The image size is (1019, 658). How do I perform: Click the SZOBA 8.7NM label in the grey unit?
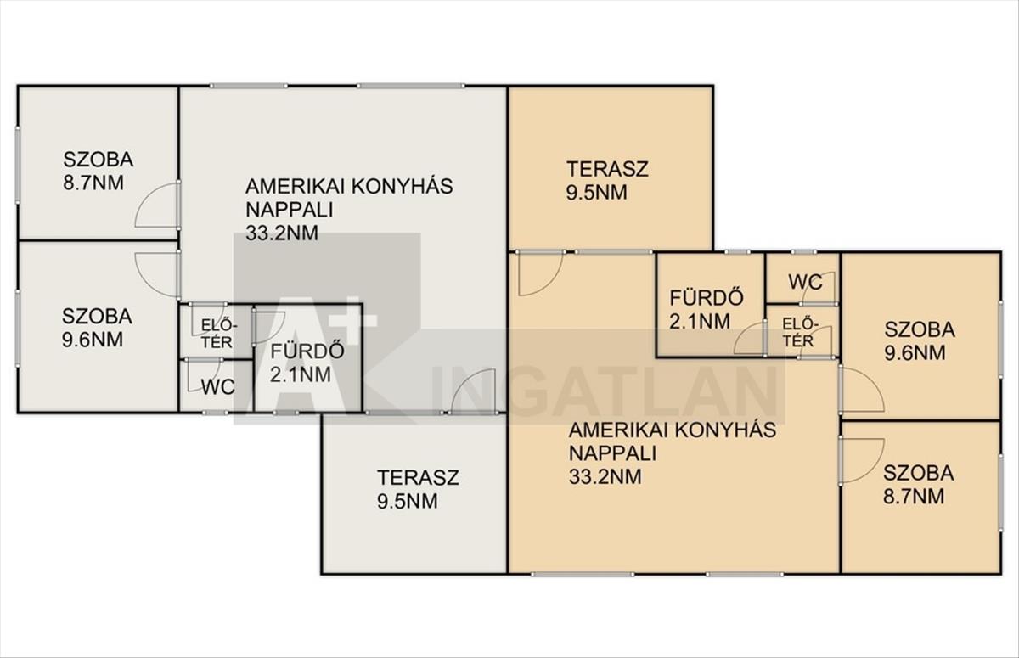tap(99, 172)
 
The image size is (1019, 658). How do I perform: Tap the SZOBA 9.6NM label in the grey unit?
tap(97, 328)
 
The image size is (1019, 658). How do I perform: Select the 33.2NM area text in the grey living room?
tap(282, 233)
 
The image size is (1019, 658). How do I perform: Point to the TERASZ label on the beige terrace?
tap(607, 169)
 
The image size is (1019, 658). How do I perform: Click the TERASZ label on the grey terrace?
tap(418, 477)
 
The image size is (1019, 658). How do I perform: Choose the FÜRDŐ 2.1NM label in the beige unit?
tap(707, 310)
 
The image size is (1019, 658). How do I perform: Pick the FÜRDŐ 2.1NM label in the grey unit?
tap(307, 363)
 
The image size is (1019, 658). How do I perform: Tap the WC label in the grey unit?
tap(218, 387)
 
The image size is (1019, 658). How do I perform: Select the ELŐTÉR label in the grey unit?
tap(219, 334)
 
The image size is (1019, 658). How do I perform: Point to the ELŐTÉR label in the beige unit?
tap(800, 333)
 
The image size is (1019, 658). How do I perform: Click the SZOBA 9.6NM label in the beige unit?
tap(920, 341)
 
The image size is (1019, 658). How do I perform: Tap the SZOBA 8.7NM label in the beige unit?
tap(919, 485)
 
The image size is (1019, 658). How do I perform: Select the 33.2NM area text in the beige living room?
tap(605, 477)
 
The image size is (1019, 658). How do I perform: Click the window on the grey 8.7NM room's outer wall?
tap(18, 165)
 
